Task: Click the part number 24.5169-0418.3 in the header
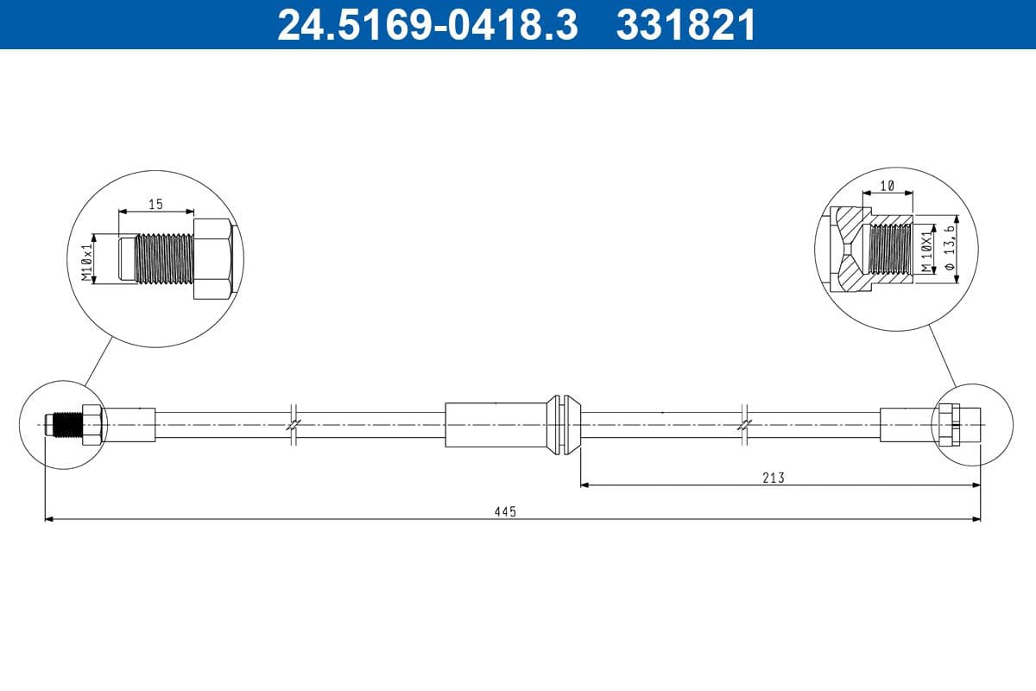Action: click(426, 24)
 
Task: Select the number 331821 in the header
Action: click(685, 24)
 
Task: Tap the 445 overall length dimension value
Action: click(505, 511)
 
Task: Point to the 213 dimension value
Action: click(774, 477)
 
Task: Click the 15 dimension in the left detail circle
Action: click(155, 205)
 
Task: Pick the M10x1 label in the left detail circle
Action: click(86, 263)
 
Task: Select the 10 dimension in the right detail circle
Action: click(887, 185)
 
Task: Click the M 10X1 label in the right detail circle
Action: click(926, 251)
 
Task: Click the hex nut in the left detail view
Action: click(212, 259)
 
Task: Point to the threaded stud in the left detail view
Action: click(164, 258)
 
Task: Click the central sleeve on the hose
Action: click(496, 425)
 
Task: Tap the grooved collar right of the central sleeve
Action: click(564, 425)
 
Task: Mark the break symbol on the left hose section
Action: click(294, 425)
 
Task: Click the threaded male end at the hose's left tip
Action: click(62, 425)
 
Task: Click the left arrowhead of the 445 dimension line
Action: click(48, 519)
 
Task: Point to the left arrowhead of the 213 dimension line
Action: click(584, 485)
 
